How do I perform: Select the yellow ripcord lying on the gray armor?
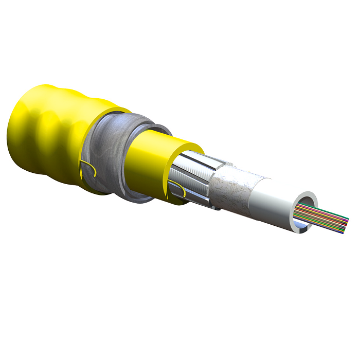[88, 167]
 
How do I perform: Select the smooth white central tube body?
[278, 206]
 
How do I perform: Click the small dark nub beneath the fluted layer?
[219, 209]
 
